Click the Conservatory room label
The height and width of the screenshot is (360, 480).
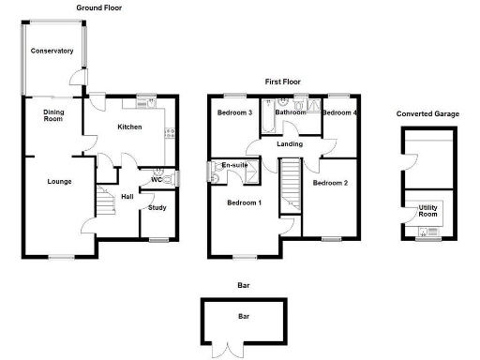[52, 51]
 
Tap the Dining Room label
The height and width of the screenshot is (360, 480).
[52, 115]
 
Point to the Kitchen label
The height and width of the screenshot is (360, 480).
[129, 127]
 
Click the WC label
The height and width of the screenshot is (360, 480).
[157, 179]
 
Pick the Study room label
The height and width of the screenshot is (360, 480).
[157, 207]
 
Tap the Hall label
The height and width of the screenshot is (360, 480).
[127, 196]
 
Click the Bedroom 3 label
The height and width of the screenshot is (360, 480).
[235, 112]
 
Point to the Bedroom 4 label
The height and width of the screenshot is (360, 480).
[340, 112]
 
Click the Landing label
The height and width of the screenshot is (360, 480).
[289, 143]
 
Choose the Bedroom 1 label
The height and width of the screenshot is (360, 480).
[244, 202]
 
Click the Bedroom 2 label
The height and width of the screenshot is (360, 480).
[330, 183]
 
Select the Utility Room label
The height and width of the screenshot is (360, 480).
[428, 211]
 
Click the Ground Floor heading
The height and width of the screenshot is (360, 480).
[100, 7]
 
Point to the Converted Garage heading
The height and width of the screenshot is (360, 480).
[427, 113]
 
